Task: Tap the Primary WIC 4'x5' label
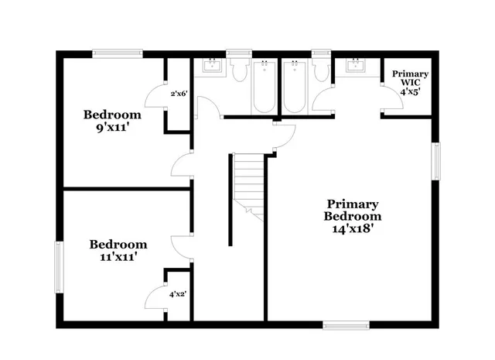click(409, 82)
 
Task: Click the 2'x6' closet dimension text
click(179, 94)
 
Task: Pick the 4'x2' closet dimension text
click(178, 293)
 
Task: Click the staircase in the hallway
click(249, 182)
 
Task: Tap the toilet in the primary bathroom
click(321, 71)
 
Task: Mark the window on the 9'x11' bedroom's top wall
click(116, 53)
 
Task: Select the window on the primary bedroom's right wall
click(436, 161)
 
